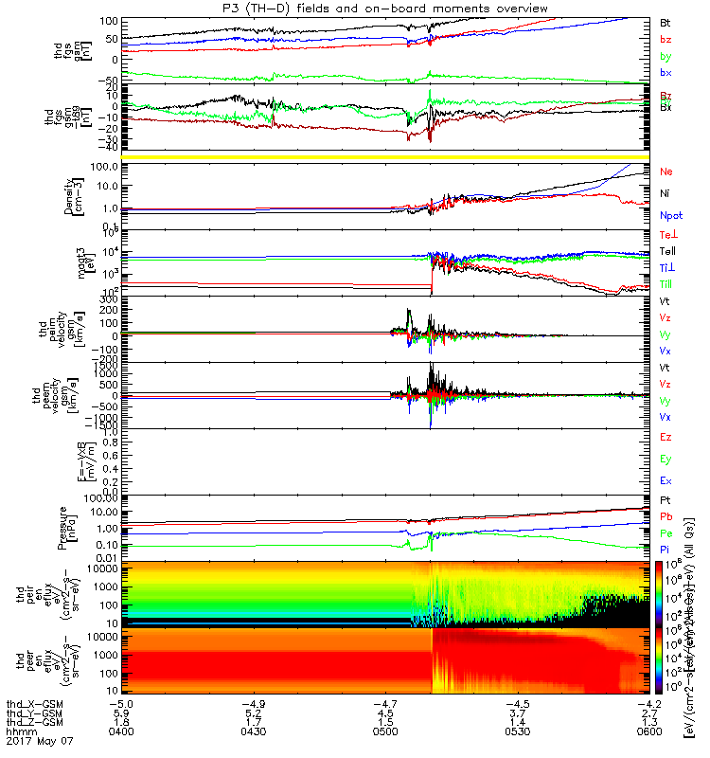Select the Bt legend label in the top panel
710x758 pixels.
click(666, 21)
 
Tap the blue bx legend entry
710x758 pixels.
click(666, 72)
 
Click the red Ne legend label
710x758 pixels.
click(666, 171)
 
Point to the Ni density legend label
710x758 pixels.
click(666, 193)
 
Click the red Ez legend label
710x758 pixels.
click(666, 437)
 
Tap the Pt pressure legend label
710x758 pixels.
click(666, 499)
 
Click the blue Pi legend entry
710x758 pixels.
click(666, 550)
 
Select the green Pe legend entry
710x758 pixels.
click(666, 533)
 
